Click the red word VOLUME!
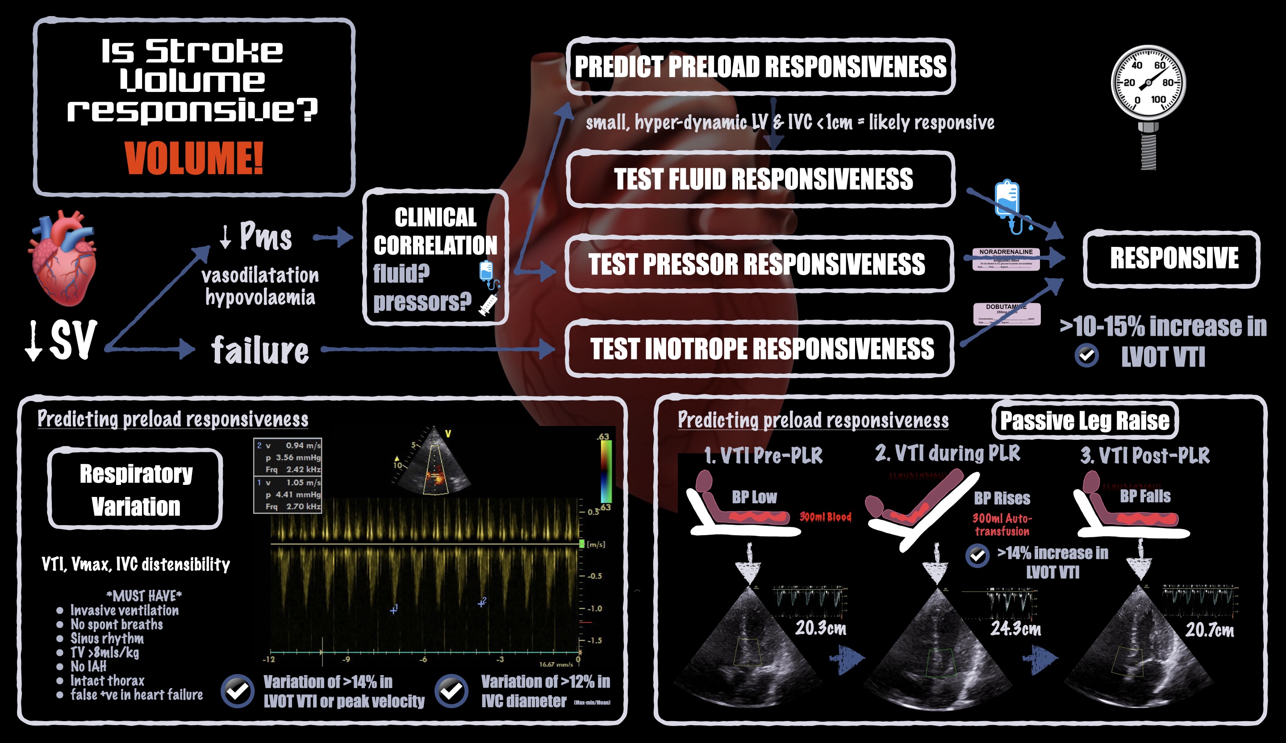tap(194, 158)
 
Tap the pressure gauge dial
tap(1148, 82)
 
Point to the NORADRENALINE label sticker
tap(1005, 259)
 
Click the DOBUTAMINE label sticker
tap(1006, 313)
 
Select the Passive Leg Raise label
tap(1085, 421)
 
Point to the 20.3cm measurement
tap(821, 628)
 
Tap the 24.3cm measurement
tap(1015, 629)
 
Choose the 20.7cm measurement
tap(1210, 630)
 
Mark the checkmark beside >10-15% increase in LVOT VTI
tap(1086, 356)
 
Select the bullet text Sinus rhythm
tap(107, 639)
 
